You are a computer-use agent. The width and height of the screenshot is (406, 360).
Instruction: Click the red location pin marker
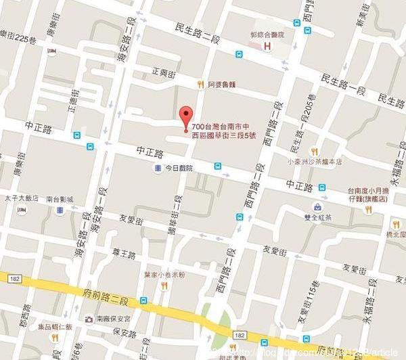click(183, 116)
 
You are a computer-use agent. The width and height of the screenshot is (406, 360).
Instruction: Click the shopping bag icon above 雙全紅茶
click(317, 205)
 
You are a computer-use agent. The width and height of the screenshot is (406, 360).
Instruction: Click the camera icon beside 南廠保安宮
click(89, 319)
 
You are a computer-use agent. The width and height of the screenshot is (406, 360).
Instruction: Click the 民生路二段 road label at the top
click(196, 35)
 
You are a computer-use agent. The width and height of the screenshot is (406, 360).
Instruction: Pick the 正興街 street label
click(166, 71)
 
